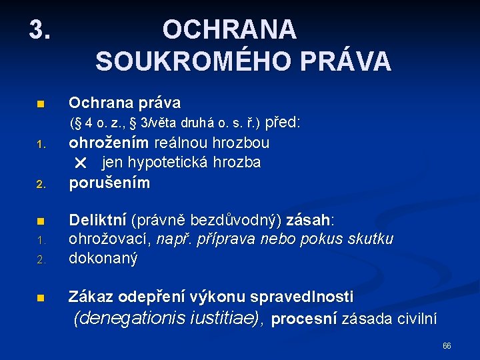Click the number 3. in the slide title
39,29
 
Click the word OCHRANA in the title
229,29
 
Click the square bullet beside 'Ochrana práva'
40,105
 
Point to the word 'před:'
283,123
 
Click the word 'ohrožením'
110,143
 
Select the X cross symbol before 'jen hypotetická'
81,163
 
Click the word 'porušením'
110,183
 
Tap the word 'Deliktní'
98,220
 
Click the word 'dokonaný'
103,259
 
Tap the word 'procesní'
304,320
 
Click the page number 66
447,345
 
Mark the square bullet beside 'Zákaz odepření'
40,299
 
